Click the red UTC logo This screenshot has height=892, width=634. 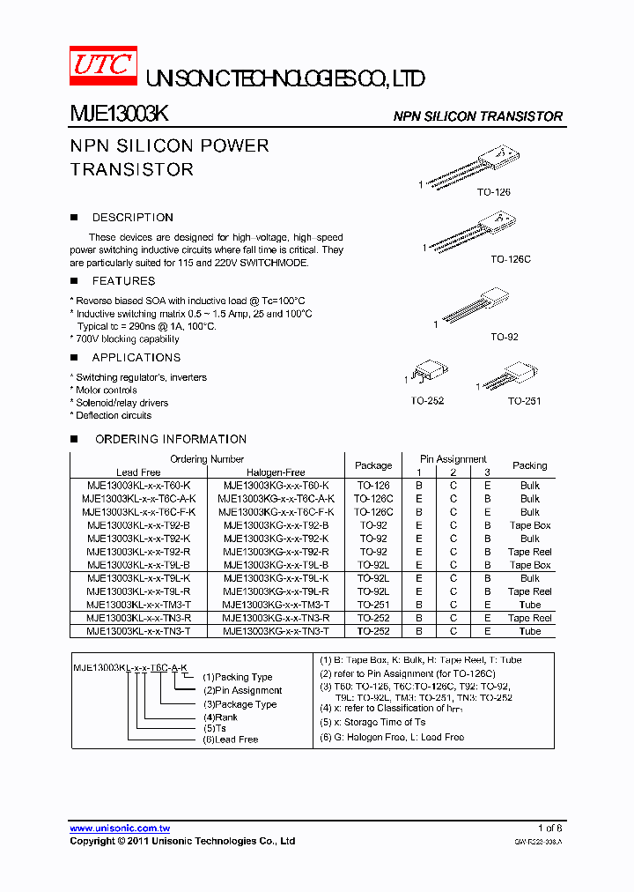point(103,65)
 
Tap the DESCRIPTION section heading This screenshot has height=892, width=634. point(132,218)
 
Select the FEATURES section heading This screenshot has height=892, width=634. point(123,281)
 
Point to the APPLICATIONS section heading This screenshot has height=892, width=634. point(136,358)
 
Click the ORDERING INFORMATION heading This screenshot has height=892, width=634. point(170,439)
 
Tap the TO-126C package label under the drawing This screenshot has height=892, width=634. point(511,260)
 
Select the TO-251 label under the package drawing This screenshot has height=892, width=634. point(524,401)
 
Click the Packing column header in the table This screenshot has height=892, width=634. point(529,465)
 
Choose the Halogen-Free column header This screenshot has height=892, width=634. point(276,472)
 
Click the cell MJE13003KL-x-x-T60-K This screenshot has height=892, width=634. point(138,486)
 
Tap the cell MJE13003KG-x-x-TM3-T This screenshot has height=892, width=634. point(276,605)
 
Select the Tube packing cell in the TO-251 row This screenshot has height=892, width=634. point(529,605)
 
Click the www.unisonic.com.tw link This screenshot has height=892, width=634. point(120,829)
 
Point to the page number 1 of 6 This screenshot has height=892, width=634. point(549,829)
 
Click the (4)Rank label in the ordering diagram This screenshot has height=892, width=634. point(220,717)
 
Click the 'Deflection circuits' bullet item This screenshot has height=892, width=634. point(113,415)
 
